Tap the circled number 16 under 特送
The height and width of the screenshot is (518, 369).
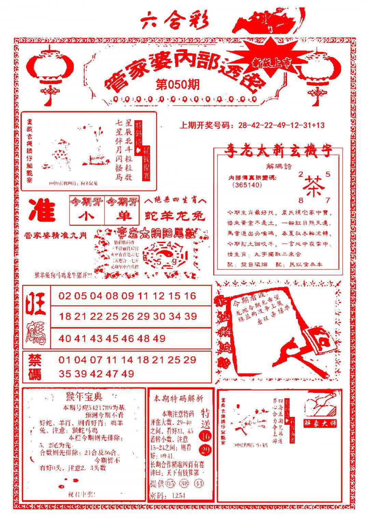pos(205,436)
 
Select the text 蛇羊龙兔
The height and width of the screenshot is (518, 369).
pos(175,216)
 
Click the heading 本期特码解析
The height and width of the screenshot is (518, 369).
pos(178,398)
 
